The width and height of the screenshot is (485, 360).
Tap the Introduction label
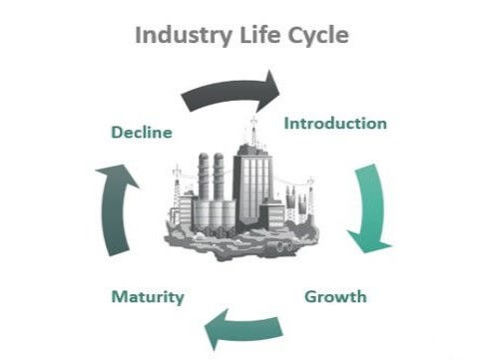point(335,124)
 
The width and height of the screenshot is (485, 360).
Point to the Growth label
point(335,296)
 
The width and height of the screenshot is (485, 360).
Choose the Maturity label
point(148,296)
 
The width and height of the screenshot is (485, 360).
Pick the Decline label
point(143,132)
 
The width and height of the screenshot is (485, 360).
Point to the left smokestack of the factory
point(204,180)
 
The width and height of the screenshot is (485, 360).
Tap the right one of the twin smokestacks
point(219,180)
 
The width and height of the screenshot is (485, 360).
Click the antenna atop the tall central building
point(253,128)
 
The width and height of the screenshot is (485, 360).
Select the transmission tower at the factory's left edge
point(179,189)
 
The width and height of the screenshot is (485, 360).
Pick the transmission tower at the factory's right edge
point(309,195)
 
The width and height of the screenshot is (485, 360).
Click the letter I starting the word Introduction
point(287,124)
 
